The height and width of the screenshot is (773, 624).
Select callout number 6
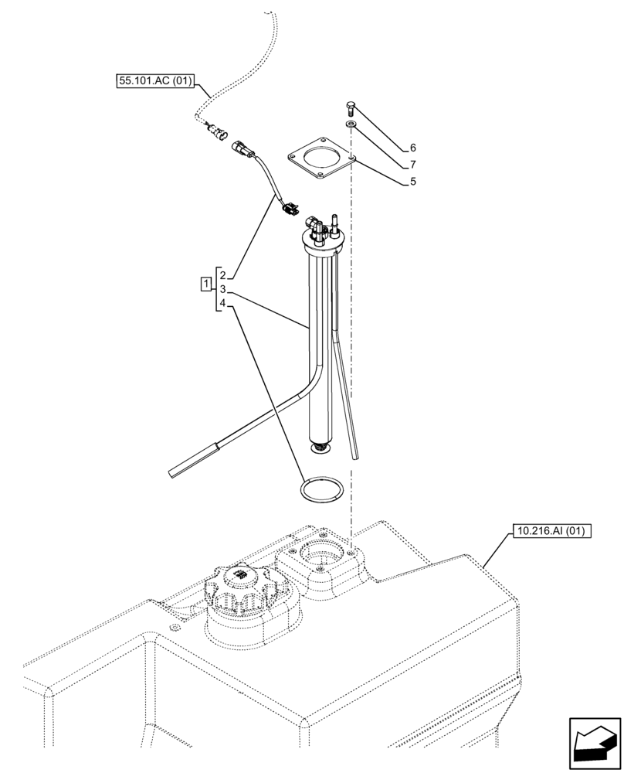(413, 147)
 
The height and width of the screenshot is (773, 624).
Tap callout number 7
(413, 165)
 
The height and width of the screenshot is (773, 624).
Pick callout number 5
(413, 182)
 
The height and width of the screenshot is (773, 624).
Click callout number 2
(222, 275)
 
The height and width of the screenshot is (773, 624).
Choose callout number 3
(222, 289)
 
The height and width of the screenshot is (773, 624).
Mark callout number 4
(222, 304)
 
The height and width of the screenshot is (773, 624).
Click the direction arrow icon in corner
(593, 744)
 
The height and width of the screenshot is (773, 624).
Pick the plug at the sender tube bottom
(320, 447)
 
